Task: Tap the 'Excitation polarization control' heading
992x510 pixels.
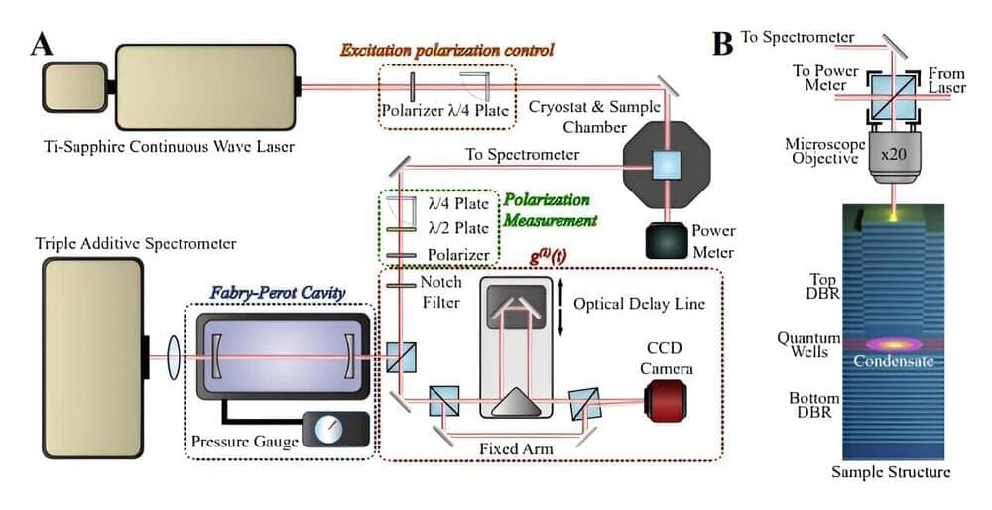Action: pyautogui.click(x=446, y=49)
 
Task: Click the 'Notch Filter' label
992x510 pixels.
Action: pyautogui.click(x=442, y=292)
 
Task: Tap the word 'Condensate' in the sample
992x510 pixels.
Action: pyautogui.click(x=894, y=361)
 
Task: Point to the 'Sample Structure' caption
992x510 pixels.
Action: pyautogui.click(x=892, y=472)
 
